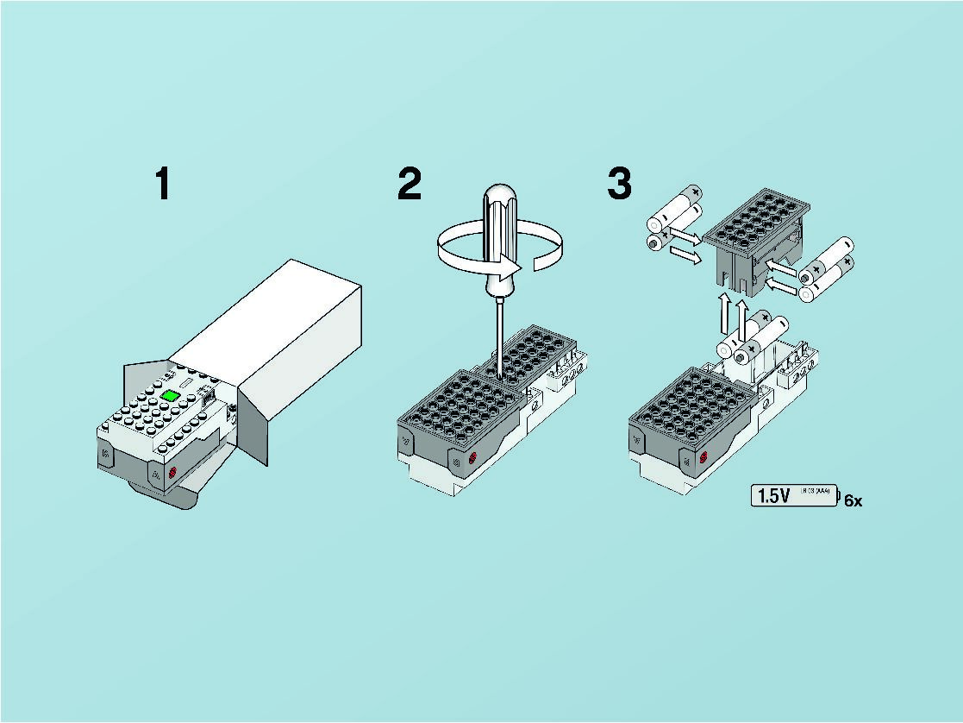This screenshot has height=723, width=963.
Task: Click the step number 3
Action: (619, 185)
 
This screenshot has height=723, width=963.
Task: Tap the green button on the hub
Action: (170, 395)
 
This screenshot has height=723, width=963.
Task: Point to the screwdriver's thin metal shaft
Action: (499, 328)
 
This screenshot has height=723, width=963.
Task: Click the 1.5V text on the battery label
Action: (773, 496)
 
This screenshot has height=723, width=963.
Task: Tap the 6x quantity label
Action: (852, 500)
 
